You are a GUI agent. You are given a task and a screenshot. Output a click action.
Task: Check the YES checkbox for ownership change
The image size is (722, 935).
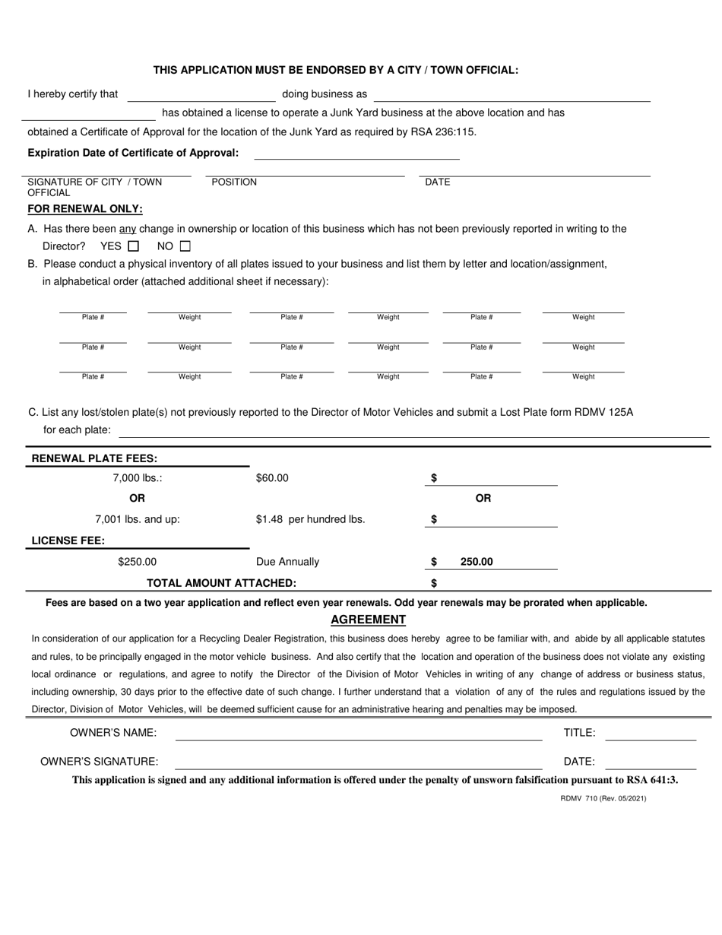134,246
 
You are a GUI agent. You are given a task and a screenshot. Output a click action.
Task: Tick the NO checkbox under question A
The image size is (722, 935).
185,246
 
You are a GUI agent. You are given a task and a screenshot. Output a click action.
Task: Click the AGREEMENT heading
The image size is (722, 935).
368,620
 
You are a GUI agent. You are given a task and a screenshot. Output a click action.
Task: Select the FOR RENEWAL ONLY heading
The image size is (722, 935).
85,209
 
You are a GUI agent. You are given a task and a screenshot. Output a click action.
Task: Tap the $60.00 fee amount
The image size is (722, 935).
273,478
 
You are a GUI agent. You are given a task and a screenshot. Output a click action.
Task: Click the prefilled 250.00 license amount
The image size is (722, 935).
477,562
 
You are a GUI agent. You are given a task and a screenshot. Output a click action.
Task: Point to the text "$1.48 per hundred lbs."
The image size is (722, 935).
311,520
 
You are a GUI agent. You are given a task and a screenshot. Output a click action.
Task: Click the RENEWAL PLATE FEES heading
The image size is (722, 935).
94,458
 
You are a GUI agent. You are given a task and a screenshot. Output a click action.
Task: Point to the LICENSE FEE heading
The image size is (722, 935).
68,540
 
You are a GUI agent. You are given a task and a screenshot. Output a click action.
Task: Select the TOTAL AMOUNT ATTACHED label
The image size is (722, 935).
221,583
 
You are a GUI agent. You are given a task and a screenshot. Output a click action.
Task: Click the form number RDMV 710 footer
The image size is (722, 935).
603,799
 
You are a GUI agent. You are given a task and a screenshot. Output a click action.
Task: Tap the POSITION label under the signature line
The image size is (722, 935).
234,182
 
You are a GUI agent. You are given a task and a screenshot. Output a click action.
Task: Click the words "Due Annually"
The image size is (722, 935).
288,562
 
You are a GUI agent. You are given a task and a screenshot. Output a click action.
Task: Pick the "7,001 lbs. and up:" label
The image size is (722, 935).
138,520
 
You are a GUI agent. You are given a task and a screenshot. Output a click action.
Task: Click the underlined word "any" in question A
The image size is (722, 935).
128,228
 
